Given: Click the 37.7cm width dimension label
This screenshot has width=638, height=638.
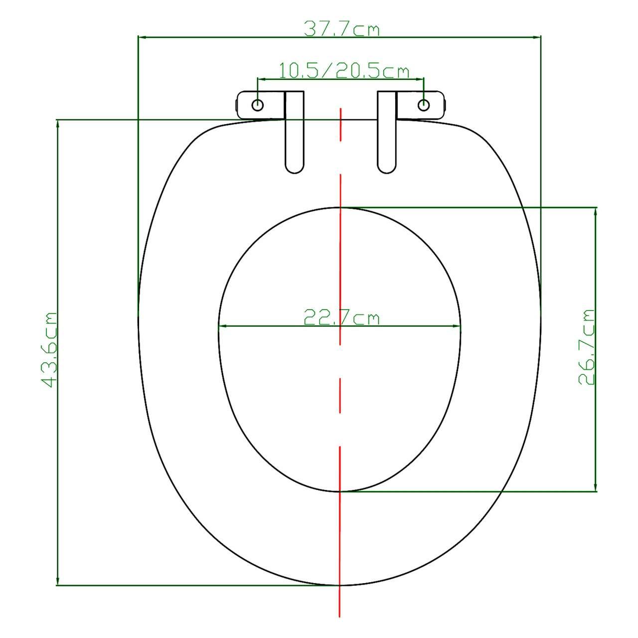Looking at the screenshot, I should (341, 29).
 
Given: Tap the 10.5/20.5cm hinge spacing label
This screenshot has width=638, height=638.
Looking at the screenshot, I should (343, 71).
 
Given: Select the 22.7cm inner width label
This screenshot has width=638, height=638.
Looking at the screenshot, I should (342, 318).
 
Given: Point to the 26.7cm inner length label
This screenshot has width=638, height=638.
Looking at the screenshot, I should (587, 347).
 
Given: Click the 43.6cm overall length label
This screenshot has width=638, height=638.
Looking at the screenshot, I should (49, 350).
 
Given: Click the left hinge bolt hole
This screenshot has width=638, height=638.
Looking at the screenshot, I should (258, 105).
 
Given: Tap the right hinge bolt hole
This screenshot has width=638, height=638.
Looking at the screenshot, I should (424, 105).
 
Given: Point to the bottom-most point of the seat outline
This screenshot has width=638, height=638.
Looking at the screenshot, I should (340, 585).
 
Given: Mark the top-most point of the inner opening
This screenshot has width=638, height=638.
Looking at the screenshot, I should (340, 207).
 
